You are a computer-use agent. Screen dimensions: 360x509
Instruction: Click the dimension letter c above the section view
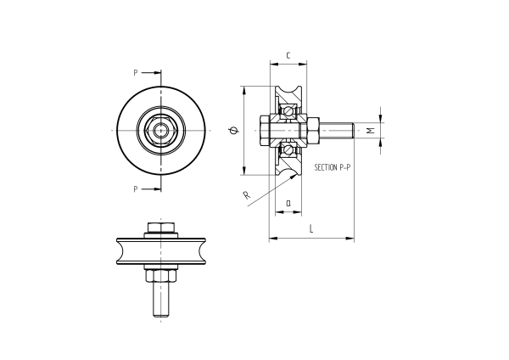tap(288, 56)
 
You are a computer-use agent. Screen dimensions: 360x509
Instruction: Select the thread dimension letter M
tap(370, 130)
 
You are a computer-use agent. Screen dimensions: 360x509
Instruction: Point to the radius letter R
tap(246, 196)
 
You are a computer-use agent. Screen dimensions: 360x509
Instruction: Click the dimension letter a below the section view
tap(288, 203)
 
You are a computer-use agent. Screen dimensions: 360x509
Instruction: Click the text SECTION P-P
tap(333, 168)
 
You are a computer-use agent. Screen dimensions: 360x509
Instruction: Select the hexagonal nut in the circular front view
tap(159, 130)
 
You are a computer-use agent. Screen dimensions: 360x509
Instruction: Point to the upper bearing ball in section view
tap(289, 110)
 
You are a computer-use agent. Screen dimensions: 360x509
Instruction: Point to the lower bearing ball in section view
tap(289, 150)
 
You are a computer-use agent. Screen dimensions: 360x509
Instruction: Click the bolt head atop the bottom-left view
tap(160, 228)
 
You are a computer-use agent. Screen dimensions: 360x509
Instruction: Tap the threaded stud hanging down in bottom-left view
tap(160, 299)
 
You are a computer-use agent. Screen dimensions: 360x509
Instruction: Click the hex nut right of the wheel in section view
tap(312, 130)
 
